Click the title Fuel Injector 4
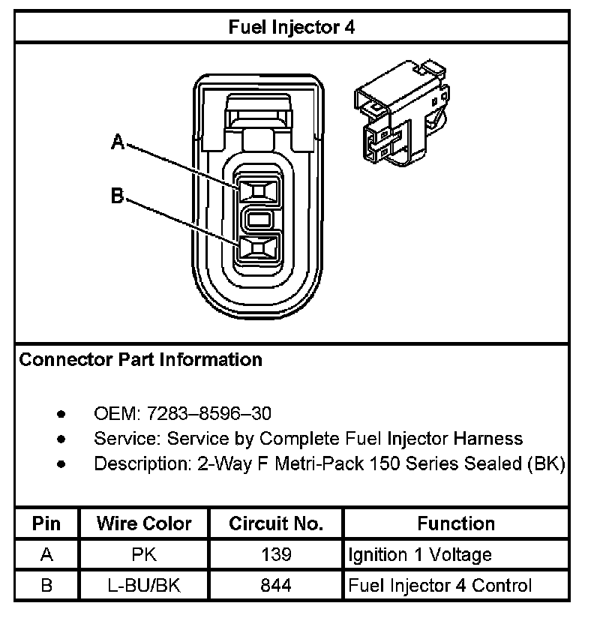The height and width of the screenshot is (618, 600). [x=291, y=28]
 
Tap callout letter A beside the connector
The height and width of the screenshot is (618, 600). [x=118, y=141]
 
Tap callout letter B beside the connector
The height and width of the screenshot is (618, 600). [x=118, y=196]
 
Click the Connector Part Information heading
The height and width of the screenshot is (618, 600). [x=141, y=360]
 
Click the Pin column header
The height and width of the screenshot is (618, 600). [x=46, y=523]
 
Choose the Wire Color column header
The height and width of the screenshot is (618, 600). [x=144, y=523]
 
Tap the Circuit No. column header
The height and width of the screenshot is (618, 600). [x=276, y=523]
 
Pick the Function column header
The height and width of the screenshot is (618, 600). [x=456, y=523]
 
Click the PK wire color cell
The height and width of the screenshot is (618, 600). [x=144, y=555]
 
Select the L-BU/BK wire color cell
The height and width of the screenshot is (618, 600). [x=144, y=586]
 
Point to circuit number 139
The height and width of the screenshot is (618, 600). [x=276, y=555]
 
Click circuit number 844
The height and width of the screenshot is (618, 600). [x=276, y=586]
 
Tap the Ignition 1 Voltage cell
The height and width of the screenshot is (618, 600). [x=420, y=555]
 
